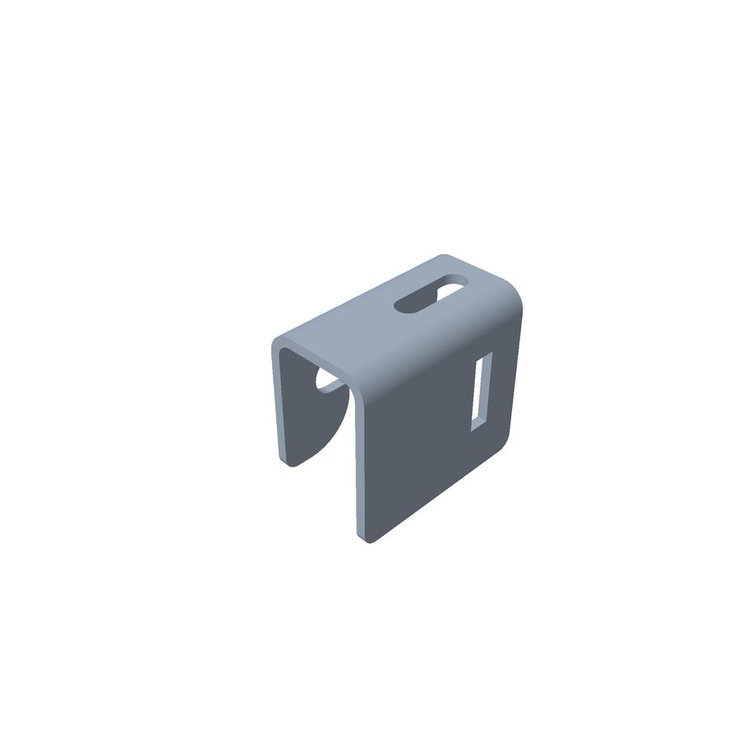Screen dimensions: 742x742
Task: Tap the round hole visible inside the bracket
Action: pyautogui.click(x=328, y=382)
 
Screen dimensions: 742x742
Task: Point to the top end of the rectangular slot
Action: pyautogui.click(x=484, y=356)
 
